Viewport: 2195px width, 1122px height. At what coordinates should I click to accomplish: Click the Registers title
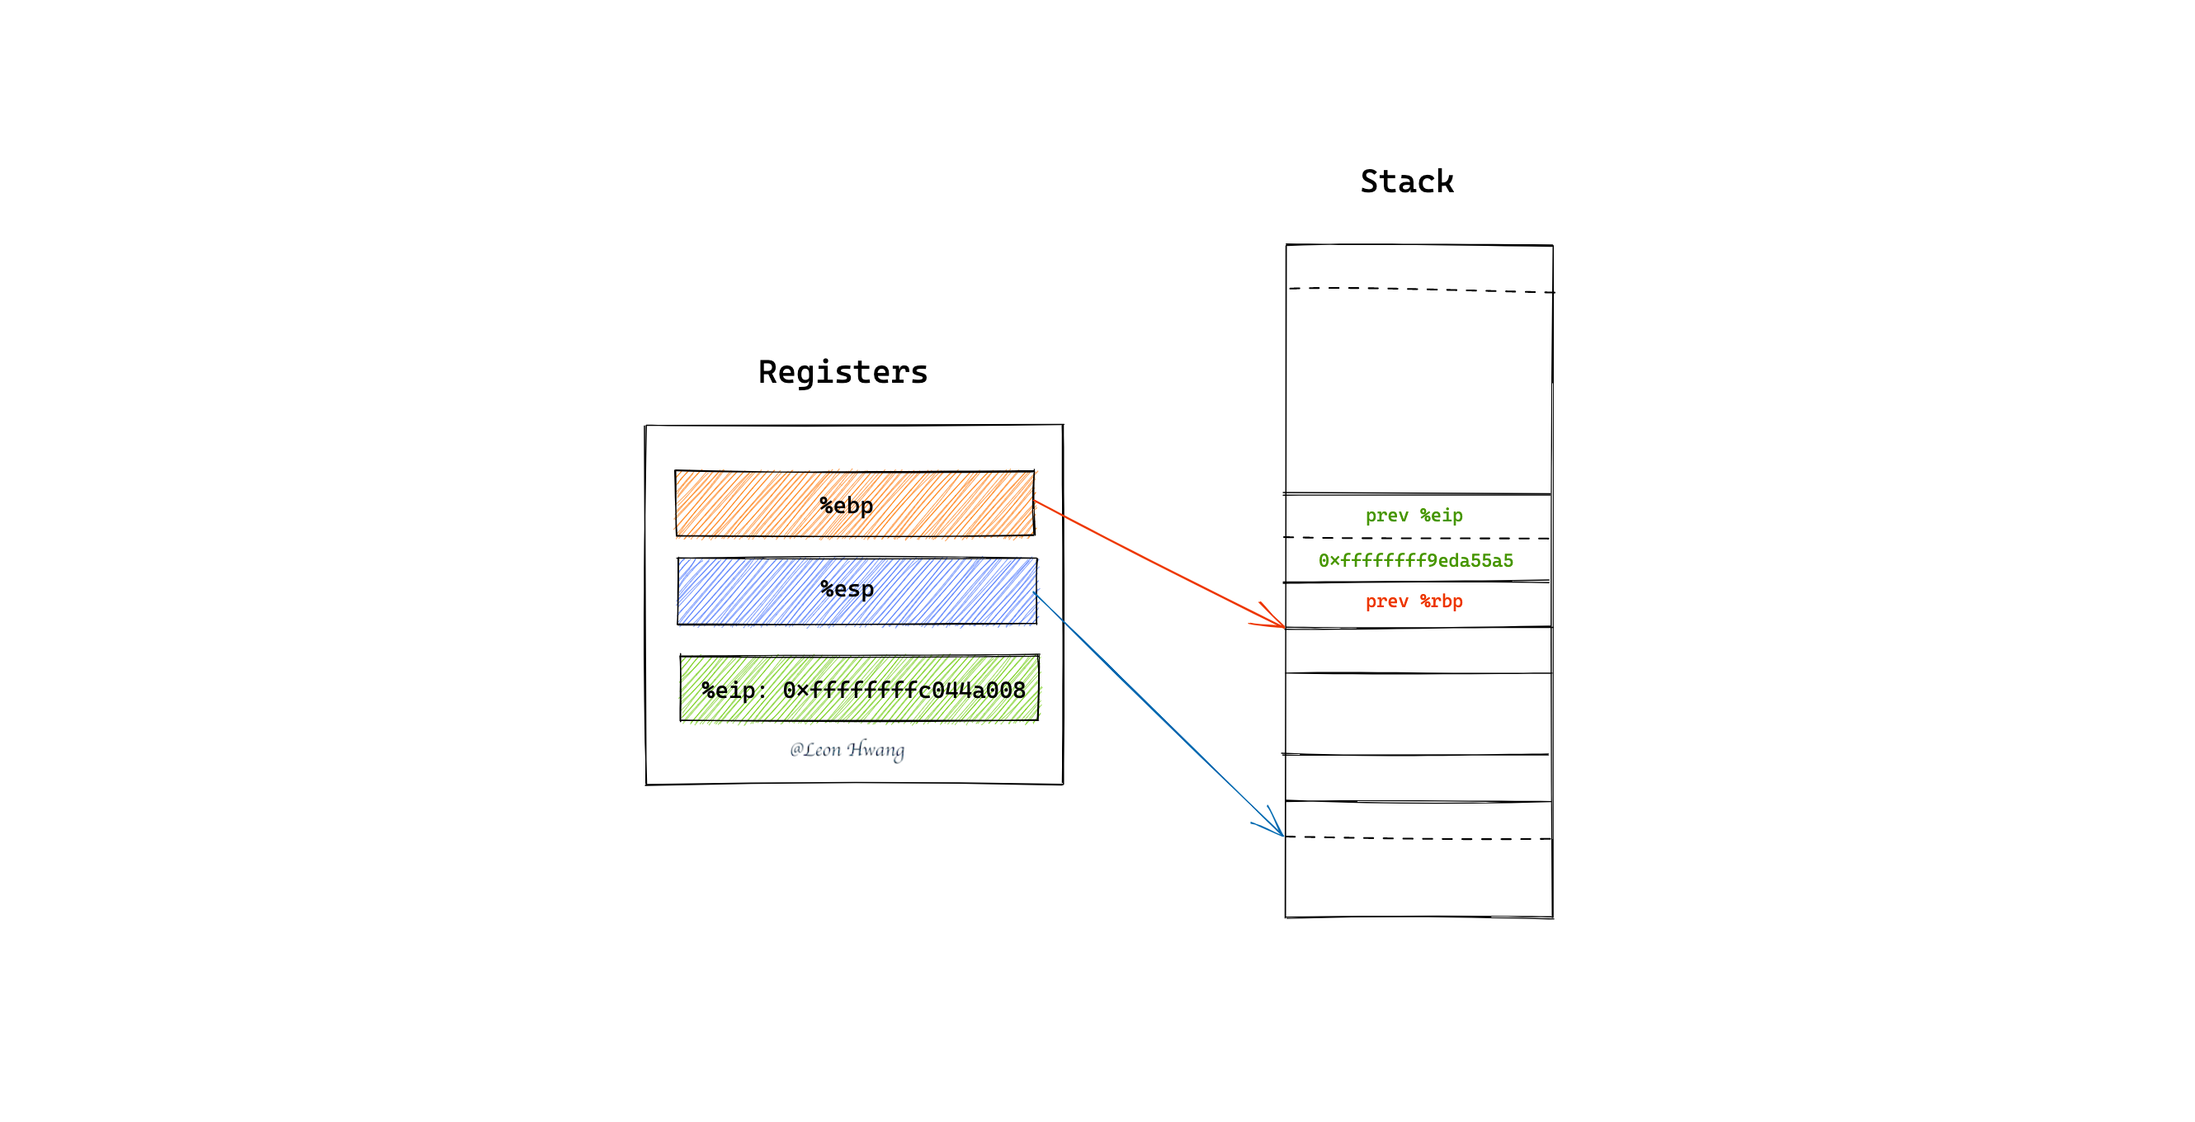tap(843, 373)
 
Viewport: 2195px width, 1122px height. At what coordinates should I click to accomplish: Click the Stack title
tap(1407, 181)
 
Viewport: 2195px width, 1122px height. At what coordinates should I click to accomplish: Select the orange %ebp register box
tap(855, 503)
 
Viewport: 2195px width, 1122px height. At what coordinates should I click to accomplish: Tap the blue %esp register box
tap(857, 592)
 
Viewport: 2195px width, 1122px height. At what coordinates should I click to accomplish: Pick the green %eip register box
tap(859, 688)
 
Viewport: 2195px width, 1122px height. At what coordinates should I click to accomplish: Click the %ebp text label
tap(846, 506)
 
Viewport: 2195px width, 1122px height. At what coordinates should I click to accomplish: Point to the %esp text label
tap(847, 590)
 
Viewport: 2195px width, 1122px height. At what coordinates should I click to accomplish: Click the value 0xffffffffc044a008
tap(904, 690)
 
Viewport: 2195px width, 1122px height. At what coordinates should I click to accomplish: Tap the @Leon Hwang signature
tap(846, 750)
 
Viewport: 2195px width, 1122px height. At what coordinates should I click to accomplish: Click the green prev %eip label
tap(1414, 516)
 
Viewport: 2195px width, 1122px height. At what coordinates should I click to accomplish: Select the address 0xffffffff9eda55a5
tap(1415, 560)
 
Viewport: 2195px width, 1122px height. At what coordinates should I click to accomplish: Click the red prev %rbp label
tap(1414, 601)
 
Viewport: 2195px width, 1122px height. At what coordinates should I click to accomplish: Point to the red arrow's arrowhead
tap(1284, 627)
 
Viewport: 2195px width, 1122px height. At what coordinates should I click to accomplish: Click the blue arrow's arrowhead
tap(1282, 836)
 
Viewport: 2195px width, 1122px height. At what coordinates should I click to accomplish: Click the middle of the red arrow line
tap(1159, 564)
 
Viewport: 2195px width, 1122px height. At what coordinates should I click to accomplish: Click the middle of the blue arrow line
tap(1158, 714)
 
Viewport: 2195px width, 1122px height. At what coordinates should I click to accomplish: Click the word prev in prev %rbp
tap(1386, 601)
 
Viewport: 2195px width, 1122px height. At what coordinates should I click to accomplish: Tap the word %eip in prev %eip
tap(1441, 516)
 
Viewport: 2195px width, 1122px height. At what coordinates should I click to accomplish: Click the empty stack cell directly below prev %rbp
tap(1418, 651)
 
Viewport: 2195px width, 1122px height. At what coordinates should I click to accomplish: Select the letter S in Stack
tap(1370, 181)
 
